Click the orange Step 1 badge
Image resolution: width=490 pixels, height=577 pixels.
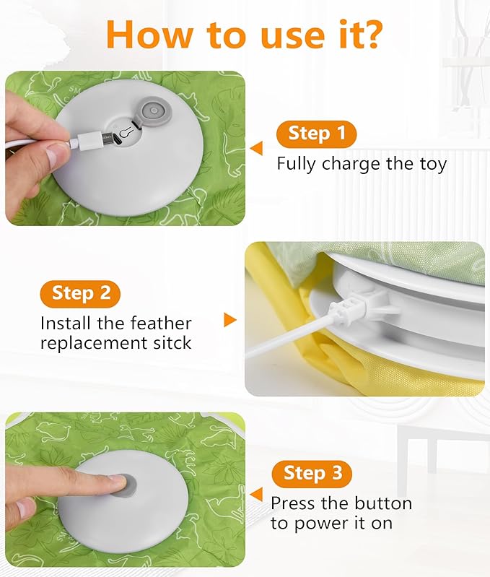click(x=316, y=134)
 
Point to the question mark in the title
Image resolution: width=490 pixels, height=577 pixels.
click(x=370, y=33)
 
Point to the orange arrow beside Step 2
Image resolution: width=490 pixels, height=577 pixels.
click(x=230, y=319)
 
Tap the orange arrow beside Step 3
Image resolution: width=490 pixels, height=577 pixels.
click(x=256, y=494)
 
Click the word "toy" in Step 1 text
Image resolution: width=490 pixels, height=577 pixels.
click(x=431, y=164)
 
